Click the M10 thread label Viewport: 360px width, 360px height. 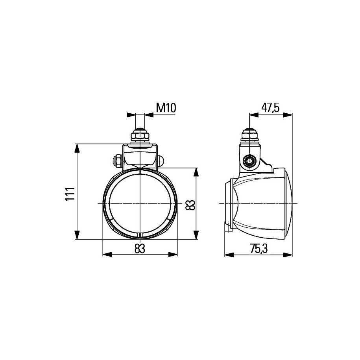[166, 108]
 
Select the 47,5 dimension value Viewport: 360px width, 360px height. [270, 108]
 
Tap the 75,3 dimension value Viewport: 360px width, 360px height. [259, 249]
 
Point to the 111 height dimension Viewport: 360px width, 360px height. [70, 194]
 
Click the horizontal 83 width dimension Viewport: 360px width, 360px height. [140, 249]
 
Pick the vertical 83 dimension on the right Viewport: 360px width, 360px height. [190, 205]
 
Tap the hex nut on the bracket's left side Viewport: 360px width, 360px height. [117, 161]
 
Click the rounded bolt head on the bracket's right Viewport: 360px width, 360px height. [161, 161]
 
